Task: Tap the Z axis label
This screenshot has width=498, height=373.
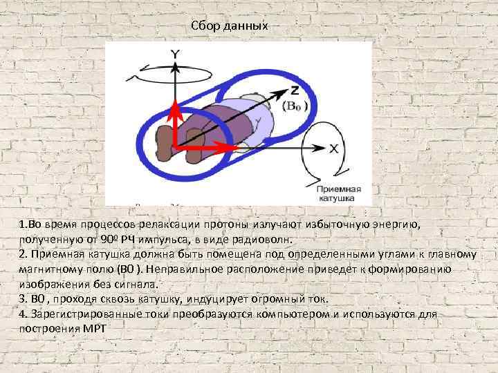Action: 295,90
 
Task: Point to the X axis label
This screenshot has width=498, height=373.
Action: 333,148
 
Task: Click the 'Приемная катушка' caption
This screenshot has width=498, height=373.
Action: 335,193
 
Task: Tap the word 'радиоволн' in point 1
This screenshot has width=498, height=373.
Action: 267,240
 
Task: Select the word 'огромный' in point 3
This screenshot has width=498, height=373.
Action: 257,299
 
